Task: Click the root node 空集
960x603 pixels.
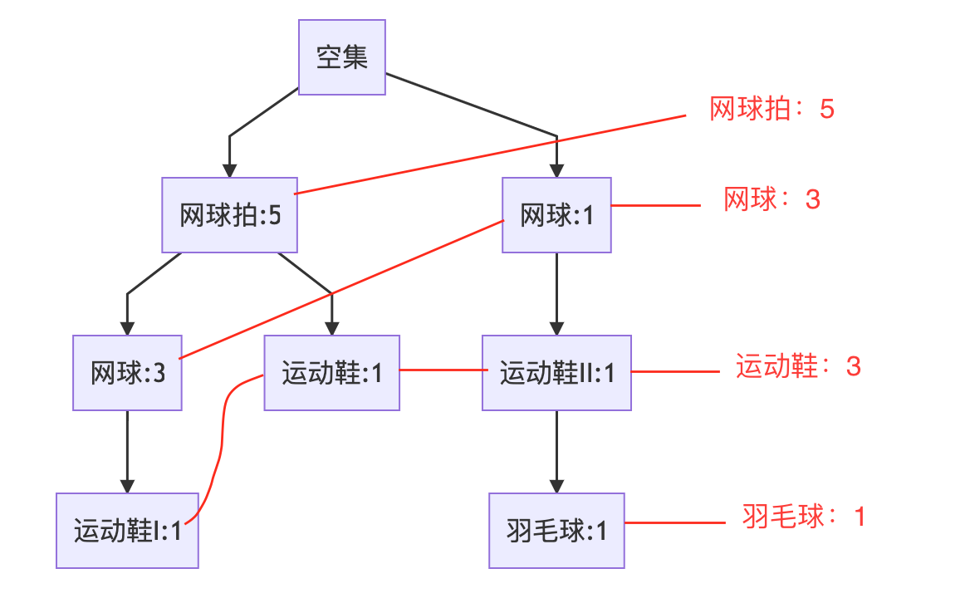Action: point(342,57)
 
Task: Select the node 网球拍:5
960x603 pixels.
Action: point(230,215)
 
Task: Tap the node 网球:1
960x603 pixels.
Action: point(556,215)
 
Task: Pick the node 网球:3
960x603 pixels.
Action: point(127,373)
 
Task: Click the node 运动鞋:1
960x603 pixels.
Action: point(331,373)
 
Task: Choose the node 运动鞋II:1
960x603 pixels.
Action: point(556,373)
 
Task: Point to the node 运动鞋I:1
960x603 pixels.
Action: point(127,531)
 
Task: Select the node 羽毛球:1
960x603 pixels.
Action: point(556,531)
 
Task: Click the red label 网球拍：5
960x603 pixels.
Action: point(771,110)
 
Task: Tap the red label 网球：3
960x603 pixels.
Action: point(771,199)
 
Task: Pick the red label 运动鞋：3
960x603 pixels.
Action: point(798,366)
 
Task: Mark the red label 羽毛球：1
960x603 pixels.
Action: point(804,517)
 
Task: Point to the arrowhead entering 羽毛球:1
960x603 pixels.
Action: point(556,486)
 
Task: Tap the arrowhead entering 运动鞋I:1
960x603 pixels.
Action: point(127,486)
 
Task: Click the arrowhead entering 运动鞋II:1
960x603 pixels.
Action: point(556,328)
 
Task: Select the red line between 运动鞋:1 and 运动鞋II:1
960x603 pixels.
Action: point(441,370)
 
